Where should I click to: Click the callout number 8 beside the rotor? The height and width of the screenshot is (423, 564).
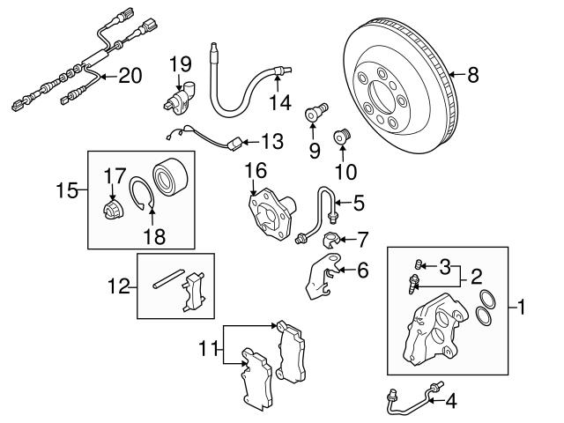pos(473,76)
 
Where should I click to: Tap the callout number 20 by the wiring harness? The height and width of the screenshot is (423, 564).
pos(129,76)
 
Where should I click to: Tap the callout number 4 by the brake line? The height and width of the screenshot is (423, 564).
pos(451,401)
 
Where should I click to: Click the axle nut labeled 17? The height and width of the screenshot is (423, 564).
pos(111,210)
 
